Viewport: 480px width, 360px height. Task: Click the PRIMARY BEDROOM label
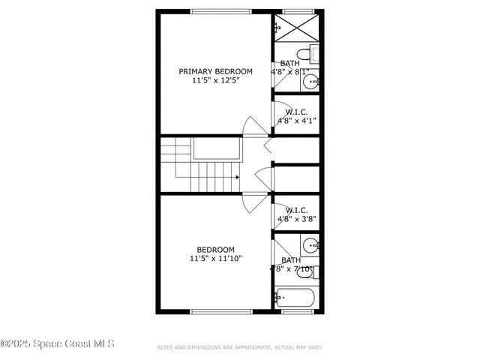[215, 71]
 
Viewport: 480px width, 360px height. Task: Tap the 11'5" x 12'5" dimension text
[215, 81]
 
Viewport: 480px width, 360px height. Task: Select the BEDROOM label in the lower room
[215, 250]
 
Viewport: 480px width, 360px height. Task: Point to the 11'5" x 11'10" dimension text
[215, 259]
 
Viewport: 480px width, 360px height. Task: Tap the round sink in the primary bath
[311, 81]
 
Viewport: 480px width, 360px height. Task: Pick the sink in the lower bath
[311, 244]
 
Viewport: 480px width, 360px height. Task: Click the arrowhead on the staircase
[237, 178]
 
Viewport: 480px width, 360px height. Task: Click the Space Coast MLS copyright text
[57, 344]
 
